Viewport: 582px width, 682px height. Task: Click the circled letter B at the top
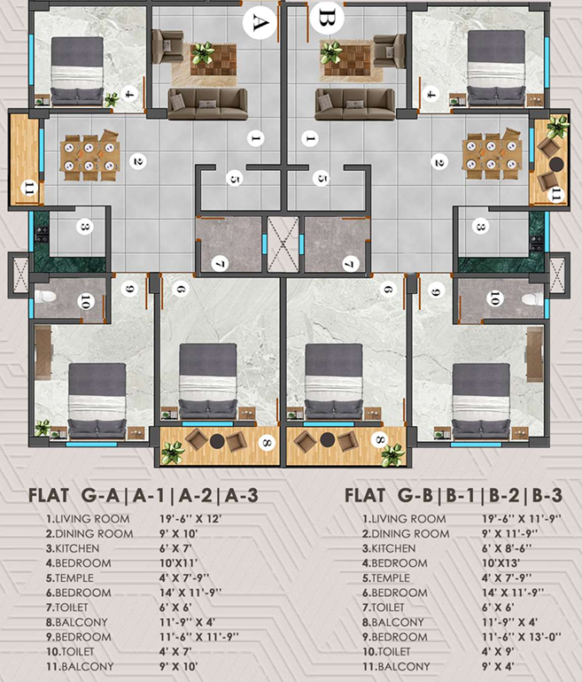(327, 19)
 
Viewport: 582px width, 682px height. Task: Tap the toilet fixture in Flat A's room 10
(45, 297)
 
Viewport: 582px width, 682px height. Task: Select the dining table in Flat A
(89, 155)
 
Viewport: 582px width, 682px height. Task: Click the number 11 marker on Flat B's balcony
(556, 195)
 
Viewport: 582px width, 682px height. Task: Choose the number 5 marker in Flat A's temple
(234, 179)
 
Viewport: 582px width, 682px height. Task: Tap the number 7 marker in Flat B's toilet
(350, 264)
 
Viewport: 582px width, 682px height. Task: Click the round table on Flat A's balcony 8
(217, 441)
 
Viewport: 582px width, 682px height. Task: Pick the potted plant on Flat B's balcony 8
(393, 455)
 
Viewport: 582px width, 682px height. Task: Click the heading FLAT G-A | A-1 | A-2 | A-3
(144, 495)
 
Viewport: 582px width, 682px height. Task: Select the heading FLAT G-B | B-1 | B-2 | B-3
(454, 495)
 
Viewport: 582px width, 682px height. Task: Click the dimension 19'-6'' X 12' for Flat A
(190, 518)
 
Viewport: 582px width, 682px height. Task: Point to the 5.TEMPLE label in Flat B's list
(386, 577)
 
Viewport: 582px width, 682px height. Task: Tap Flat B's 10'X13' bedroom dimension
(501, 562)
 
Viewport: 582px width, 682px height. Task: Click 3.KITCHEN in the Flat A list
(73, 548)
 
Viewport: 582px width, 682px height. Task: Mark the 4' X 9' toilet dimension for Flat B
(498, 651)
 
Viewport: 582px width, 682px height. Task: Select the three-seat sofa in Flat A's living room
(207, 104)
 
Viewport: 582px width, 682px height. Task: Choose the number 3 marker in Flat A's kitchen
(85, 227)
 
